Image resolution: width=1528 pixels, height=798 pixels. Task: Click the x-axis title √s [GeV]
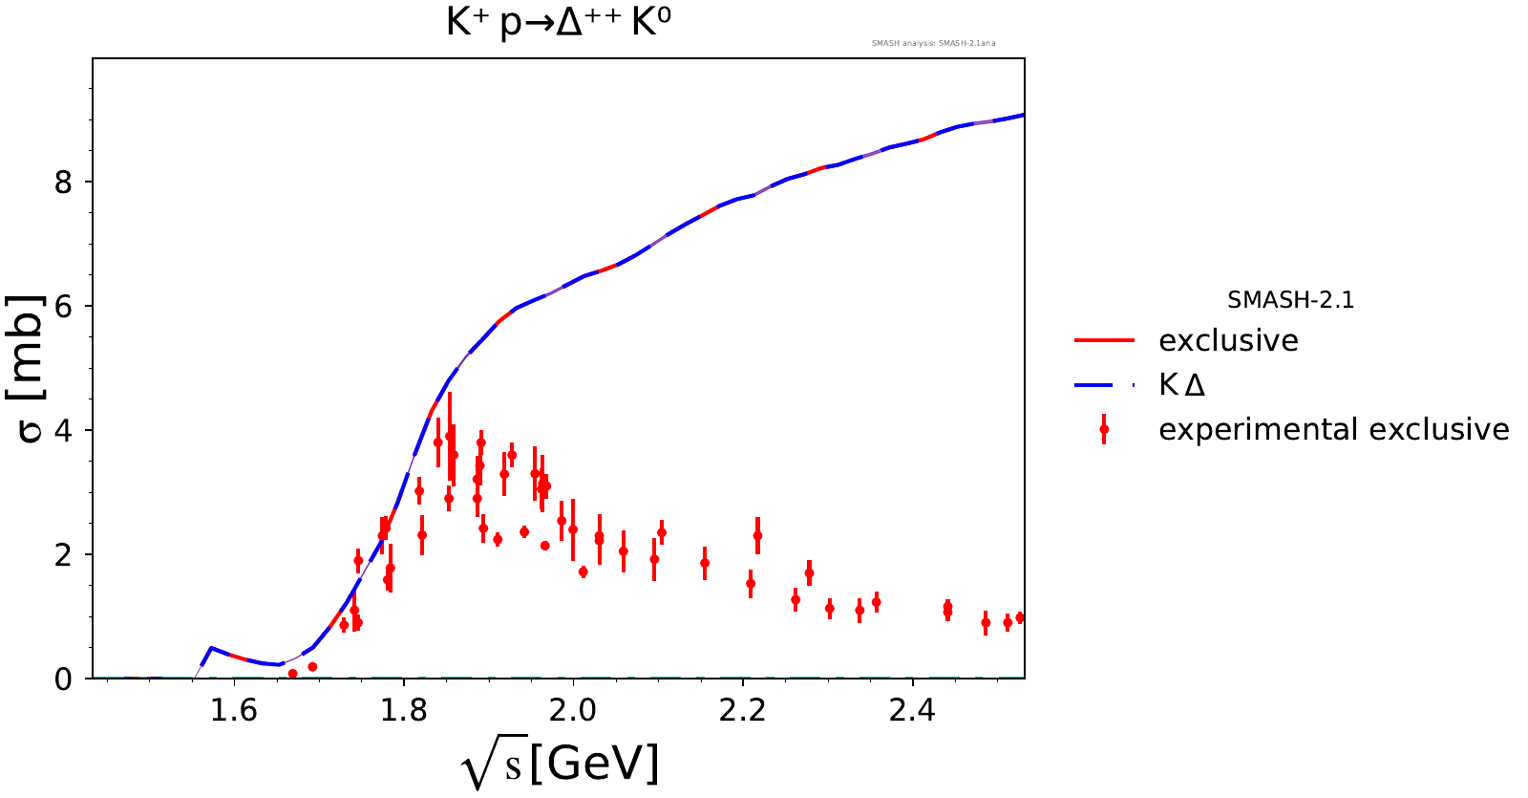(x=561, y=765)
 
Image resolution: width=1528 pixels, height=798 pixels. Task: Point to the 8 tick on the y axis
(x=63, y=182)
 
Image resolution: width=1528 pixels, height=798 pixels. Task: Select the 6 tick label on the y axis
(x=63, y=306)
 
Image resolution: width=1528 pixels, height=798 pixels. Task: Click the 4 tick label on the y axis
(x=63, y=430)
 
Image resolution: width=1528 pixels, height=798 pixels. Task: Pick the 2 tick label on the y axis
(x=63, y=554)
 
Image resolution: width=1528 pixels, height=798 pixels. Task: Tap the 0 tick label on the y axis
(x=63, y=679)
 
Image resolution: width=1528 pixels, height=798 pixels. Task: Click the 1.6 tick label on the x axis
(x=234, y=710)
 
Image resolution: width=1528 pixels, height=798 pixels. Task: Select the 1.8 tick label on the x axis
(x=404, y=710)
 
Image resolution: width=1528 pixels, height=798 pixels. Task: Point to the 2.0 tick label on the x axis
(x=573, y=710)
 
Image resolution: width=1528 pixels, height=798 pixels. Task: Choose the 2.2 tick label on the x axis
(x=743, y=710)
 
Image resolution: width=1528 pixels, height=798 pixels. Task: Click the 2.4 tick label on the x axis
(x=912, y=710)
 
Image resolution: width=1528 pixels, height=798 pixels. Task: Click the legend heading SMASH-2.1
(x=1290, y=300)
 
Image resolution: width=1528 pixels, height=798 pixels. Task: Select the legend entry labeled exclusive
(x=1228, y=341)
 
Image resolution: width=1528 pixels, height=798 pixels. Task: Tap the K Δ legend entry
(x=1181, y=385)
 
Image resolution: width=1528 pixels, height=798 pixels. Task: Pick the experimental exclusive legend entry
(x=1333, y=430)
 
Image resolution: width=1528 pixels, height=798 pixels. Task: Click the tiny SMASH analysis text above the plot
(x=933, y=43)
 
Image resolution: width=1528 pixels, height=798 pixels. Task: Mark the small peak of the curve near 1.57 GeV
(x=211, y=648)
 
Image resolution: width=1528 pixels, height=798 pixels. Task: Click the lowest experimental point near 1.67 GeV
(x=293, y=674)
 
